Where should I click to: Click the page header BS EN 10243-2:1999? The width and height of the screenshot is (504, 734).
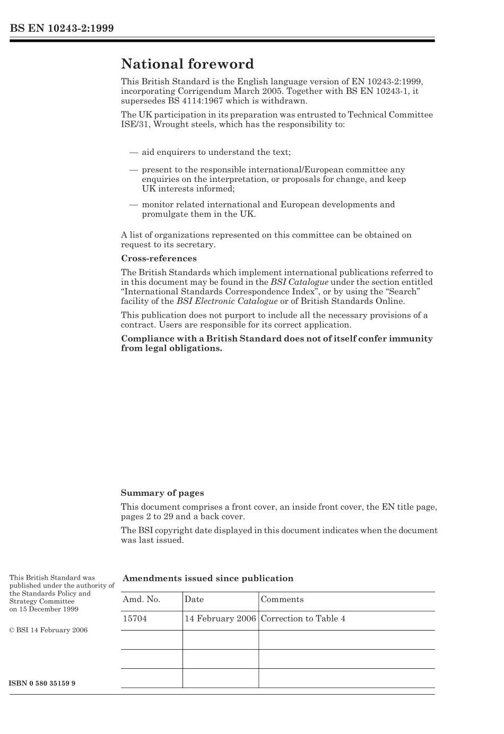62,28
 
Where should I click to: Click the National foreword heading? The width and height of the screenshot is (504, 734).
187,64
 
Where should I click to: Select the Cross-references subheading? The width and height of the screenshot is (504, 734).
159,259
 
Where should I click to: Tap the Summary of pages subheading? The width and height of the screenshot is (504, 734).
162,493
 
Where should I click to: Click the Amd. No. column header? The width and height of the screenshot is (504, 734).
141,599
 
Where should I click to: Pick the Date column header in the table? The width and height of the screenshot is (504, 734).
194,599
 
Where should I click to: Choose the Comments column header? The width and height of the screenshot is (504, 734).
282,599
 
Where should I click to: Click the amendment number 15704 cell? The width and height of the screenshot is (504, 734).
135,618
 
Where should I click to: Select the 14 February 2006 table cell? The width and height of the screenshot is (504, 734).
220,618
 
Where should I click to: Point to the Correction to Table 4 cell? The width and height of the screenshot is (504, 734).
303,618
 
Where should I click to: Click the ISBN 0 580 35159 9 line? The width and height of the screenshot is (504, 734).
42,683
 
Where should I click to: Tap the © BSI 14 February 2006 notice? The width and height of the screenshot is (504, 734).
48,630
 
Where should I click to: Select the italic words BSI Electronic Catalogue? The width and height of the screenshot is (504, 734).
227,301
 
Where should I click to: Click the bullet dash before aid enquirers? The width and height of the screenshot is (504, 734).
133,152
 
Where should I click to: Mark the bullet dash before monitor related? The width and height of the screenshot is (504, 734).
133,205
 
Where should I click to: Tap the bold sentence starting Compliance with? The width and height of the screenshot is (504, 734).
276,343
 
